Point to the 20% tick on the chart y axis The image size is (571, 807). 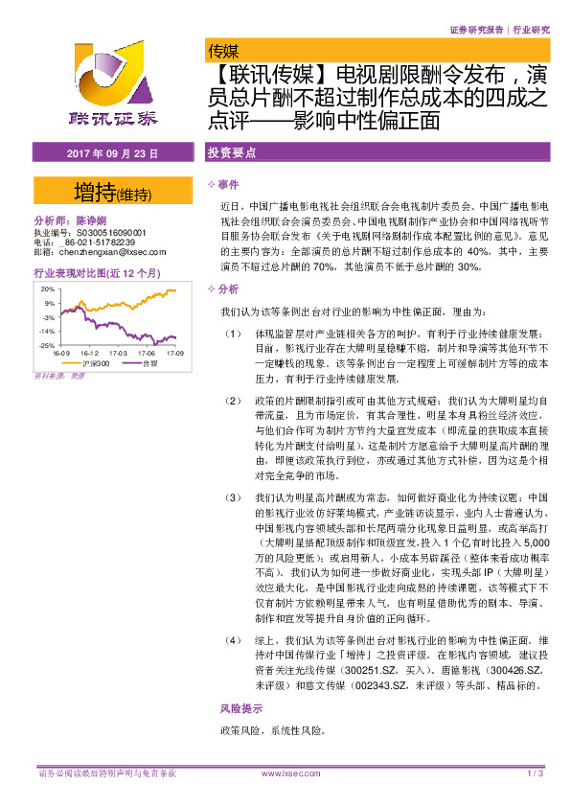[x=46, y=288]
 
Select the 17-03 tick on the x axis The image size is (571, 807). [x=117, y=353]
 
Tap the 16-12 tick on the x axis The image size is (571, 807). [x=89, y=353]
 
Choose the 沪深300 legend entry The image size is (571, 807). [x=86, y=363]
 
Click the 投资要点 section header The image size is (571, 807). [x=229, y=153]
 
